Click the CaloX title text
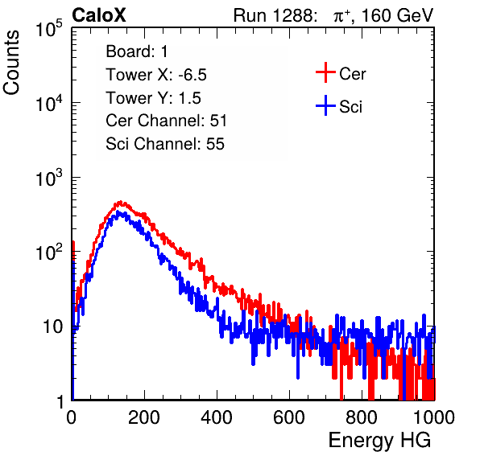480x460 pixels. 98,15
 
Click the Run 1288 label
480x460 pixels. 274,15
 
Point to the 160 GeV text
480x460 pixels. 397,15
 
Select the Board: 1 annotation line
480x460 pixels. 137,51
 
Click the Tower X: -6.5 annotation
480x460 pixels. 156,75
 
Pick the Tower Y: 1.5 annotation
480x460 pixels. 153,98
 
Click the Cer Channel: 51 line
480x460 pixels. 166,121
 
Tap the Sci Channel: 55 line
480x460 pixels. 165,144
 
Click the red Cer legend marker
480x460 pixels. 325,72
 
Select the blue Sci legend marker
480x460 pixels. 325,105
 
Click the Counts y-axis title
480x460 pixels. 11,63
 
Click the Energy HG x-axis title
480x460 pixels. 379,441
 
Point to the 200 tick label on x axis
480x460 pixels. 144,417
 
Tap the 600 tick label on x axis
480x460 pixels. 289,417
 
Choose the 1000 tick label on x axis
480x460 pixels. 434,417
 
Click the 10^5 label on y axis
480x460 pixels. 48,28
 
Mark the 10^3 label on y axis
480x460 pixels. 48,178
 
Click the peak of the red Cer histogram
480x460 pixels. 120,202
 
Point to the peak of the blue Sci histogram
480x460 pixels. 118,212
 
